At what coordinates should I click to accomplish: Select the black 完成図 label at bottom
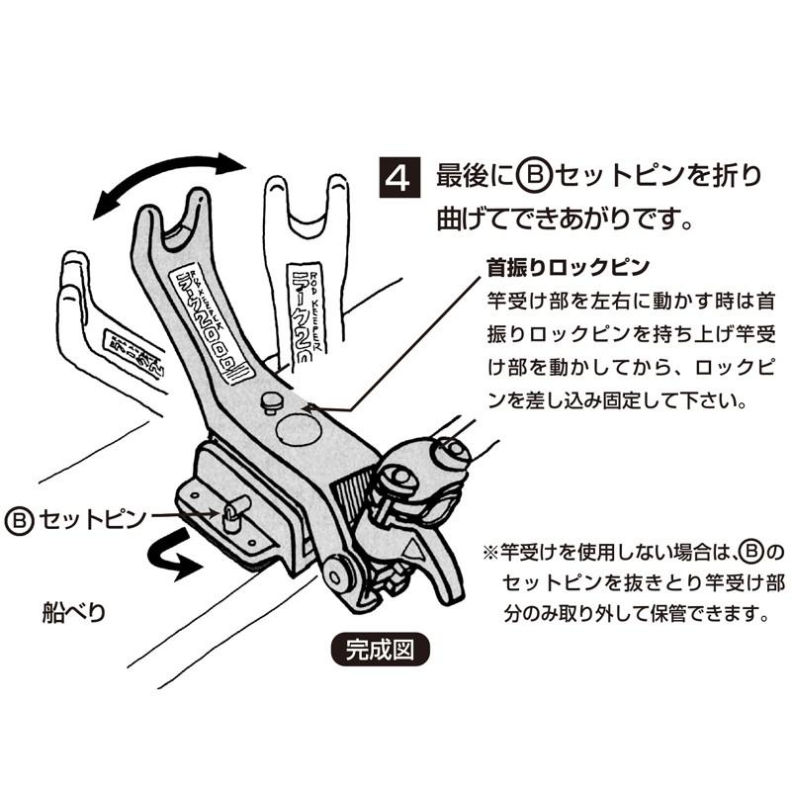377,650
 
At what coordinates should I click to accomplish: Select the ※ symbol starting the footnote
486,546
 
